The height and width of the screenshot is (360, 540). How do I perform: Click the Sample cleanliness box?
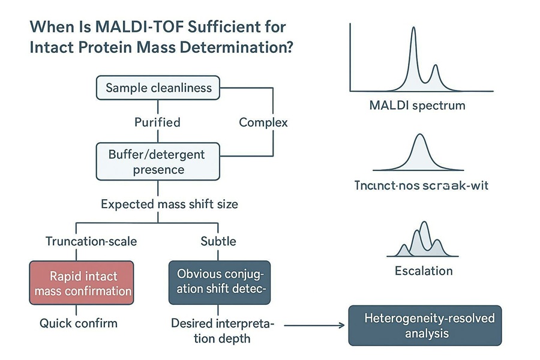pyautogui.click(x=158, y=88)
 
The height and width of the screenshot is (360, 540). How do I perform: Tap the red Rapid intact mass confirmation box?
pyautogui.click(x=82, y=284)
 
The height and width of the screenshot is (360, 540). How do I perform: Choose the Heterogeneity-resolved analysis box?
pyautogui.click(x=425, y=325)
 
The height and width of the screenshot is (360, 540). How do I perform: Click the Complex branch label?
pyautogui.click(x=263, y=122)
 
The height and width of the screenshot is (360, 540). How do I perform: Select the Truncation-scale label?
pyautogui.click(x=91, y=241)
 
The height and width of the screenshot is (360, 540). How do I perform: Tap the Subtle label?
pyautogui.click(x=218, y=241)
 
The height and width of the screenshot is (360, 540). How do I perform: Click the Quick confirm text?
pyautogui.click(x=79, y=323)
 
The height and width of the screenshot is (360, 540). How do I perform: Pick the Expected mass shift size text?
pyautogui.click(x=169, y=204)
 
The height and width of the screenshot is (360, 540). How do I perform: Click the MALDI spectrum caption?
pyautogui.click(x=425, y=106)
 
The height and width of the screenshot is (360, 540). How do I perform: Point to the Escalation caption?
pyautogui.click(x=424, y=271)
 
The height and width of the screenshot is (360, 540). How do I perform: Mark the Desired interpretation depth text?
pyautogui.click(x=222, y=331)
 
